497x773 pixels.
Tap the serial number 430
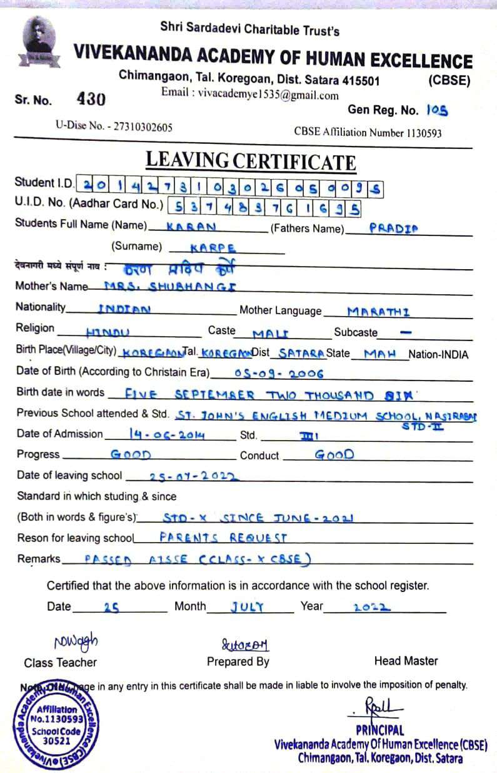(91, 99)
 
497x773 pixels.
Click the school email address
(250, 95)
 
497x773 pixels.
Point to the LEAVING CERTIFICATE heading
(251, 160)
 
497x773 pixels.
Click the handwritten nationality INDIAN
(124, 309)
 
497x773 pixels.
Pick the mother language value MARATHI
(378, 311)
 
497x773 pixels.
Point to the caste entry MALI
(270, 334)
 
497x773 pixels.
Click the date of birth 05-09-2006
(279, 374)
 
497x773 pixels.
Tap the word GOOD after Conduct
(334, 455)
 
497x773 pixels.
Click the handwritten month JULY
(247, 607)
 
